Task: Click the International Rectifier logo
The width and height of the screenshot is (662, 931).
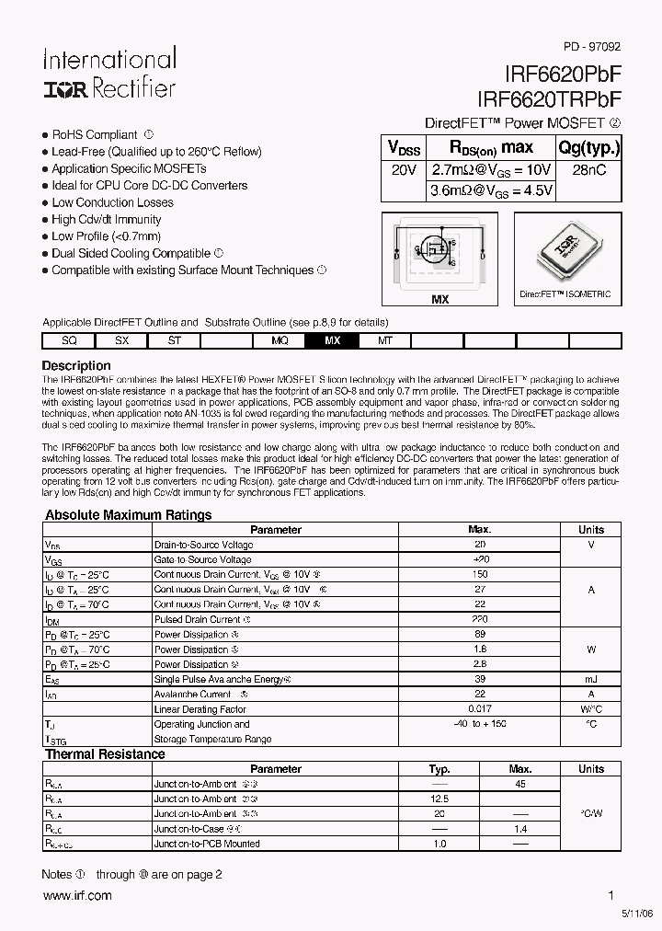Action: (x=108, y=75)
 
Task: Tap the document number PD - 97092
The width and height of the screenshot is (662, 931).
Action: (x=592, y=44)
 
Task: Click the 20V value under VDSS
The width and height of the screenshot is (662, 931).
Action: (x=404, y=170)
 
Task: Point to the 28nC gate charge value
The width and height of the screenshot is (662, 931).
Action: (x=589, y=170)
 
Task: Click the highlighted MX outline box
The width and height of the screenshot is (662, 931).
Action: (x=333, y=340)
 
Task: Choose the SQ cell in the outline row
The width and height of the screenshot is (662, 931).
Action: (x=69, y=340)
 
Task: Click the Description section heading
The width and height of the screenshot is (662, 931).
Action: (x=76, y=365)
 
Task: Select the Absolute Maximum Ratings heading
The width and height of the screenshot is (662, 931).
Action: (x=129, y=515)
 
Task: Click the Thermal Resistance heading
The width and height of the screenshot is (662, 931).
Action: (x=105, y=754)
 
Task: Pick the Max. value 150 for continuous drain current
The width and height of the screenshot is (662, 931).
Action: (x=480, y=574)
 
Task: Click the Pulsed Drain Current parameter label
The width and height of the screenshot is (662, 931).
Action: (x=198, y=619)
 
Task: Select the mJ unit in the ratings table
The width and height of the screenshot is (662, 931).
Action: (x=590, y=679)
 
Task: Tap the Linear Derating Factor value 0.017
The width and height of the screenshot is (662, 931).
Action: (x=480, y=709)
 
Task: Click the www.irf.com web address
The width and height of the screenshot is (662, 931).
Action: (x=76, y=895)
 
